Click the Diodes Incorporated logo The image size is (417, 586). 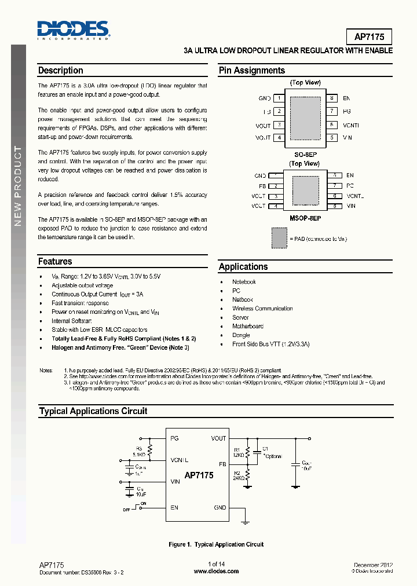(x=73, y=30)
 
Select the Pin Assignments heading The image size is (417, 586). (x=251, y=71)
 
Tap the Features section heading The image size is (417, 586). (x=55, y=262)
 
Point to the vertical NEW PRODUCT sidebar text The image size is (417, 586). (x=18, y=186)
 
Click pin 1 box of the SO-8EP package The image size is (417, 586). (x=279, y=98)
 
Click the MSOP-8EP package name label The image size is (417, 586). (x=305, y=218)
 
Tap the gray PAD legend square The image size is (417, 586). (x=279, y=237)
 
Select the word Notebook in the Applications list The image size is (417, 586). (x=244, y=282)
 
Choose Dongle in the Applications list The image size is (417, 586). (x=241, y=335)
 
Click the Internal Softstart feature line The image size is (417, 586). (x=72, y=321)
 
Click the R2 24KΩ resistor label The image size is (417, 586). (x=239, y=475)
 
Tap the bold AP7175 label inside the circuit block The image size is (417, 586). (x=199, y=475)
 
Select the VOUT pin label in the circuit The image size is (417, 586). (x=218, y=438)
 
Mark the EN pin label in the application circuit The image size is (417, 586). (x=174, y=508)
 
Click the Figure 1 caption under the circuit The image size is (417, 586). (x=215, y=544)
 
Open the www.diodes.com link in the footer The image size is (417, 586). (x=215, y=571)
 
